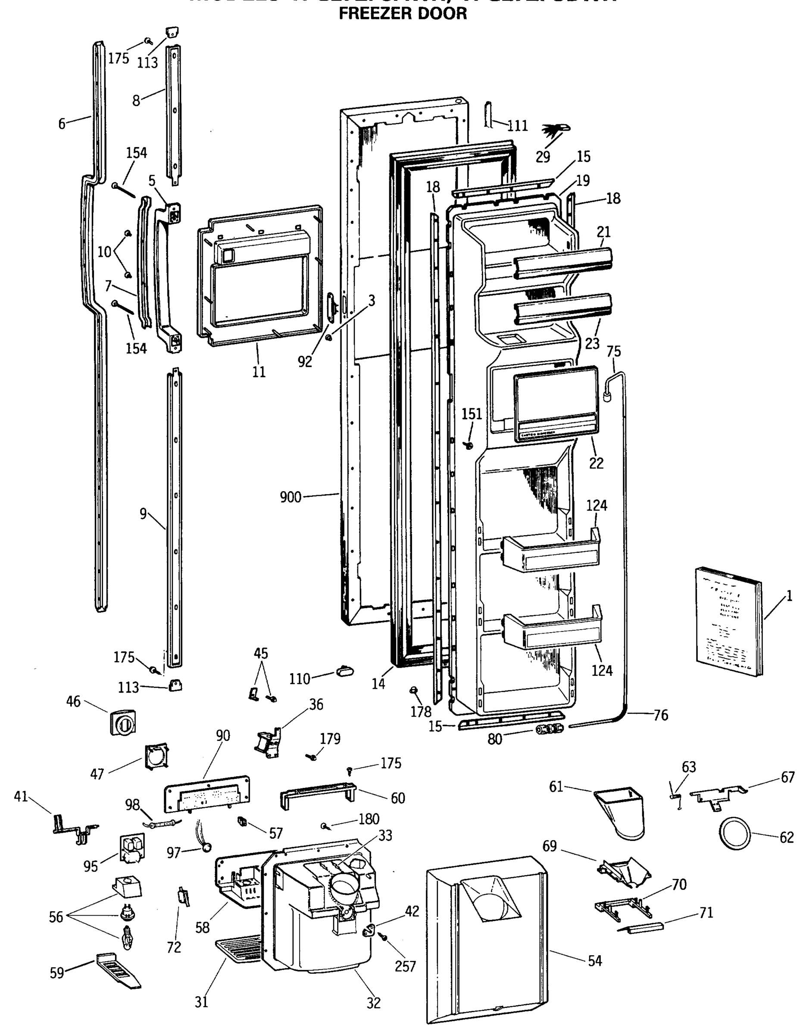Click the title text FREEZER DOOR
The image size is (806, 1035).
point(403,13)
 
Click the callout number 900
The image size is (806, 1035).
point(291,497)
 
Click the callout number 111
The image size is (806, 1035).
point(518,125)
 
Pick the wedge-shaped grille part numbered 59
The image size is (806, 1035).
point(119,972)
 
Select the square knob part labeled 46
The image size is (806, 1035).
point(123,723)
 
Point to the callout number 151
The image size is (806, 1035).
point(472,414)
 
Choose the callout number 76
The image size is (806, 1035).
point(661,715)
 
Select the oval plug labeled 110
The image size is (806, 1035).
point(345,671)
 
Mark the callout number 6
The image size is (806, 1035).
point(62,124)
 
